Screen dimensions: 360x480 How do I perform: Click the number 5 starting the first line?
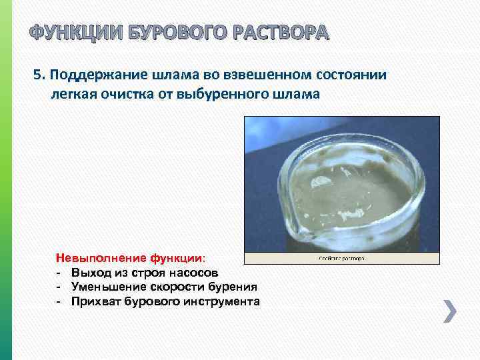click(x=37, y=75)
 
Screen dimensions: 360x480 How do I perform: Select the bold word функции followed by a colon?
click(x=177, y=257)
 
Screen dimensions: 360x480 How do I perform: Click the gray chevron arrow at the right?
click(x=450, y=311)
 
